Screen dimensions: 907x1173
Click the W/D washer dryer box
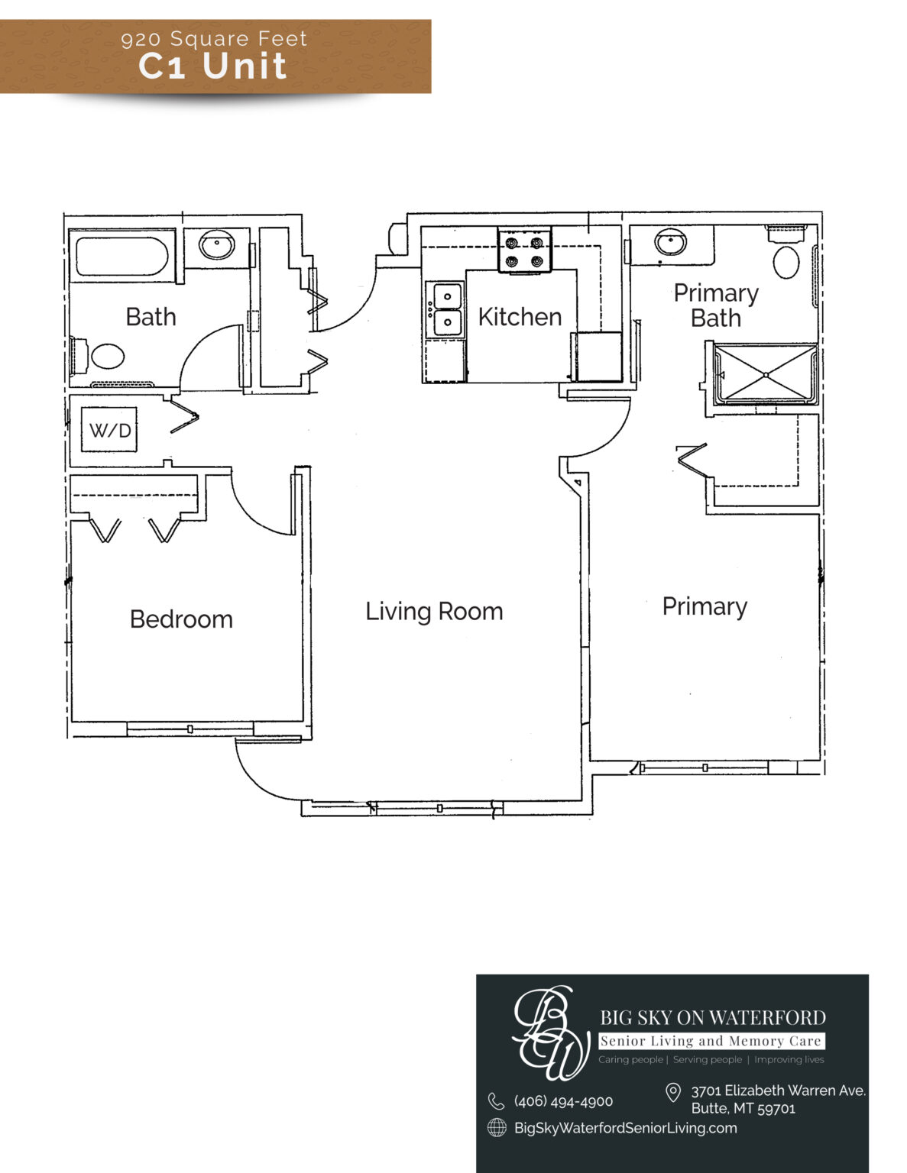click(x=109, y=430)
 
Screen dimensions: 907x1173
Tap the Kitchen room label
click(x=520, y=317)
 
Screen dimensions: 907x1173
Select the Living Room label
click(x=434, y=612)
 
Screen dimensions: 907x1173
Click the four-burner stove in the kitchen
click(x=524, y=251)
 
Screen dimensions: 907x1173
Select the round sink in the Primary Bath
click(x=671, y=241)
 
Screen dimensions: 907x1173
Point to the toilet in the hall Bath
click(x=99, y=354)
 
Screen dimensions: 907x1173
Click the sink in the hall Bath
click(x=216, y=245)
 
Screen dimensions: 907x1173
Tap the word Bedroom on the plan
click(x=181, y=619)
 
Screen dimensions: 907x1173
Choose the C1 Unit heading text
click(x=212, y=66)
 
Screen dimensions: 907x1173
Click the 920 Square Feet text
click(x=214, y=39)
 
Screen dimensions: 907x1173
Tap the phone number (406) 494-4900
click(x=563, y=1101)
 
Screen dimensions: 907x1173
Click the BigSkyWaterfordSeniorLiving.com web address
click(x=625, y=1128)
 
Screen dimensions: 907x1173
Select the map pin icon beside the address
click(x=672, y=1092)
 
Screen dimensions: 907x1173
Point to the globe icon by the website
click(x=497, y=1127)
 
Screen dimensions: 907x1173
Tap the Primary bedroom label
click(x=705, y=607)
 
